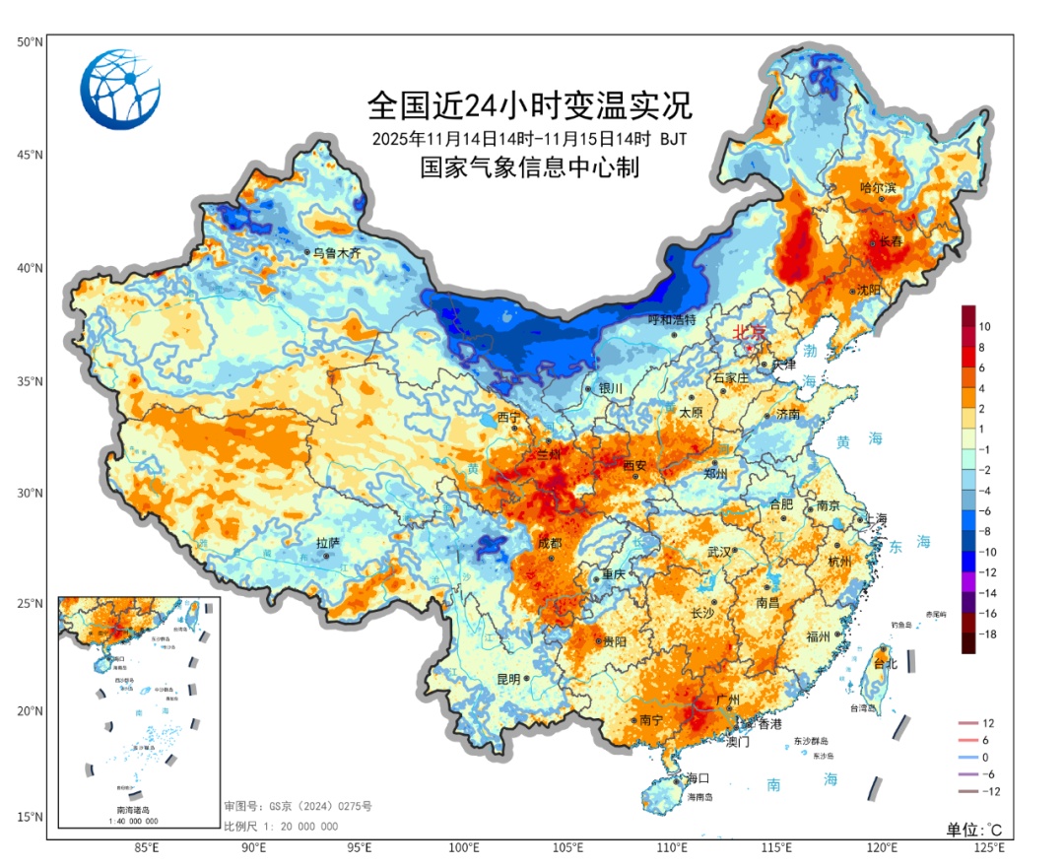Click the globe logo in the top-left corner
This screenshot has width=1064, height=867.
pos(120,90)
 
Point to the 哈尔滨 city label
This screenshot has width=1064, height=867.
pos(879,187)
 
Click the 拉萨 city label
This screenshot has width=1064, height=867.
pos(327,543)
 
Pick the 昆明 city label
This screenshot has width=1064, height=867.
pos(508,679)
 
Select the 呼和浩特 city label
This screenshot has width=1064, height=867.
pos(672,320)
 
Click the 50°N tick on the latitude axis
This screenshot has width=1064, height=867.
pos(29,42)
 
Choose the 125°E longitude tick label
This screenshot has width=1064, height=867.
pos(988,847)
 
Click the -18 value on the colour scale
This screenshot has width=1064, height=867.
pos(988,634)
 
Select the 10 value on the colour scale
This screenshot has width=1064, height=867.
pos(985,326)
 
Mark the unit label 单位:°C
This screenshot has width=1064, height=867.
pos(974,829)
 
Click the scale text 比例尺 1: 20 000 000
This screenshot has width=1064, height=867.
pos(281,827)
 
